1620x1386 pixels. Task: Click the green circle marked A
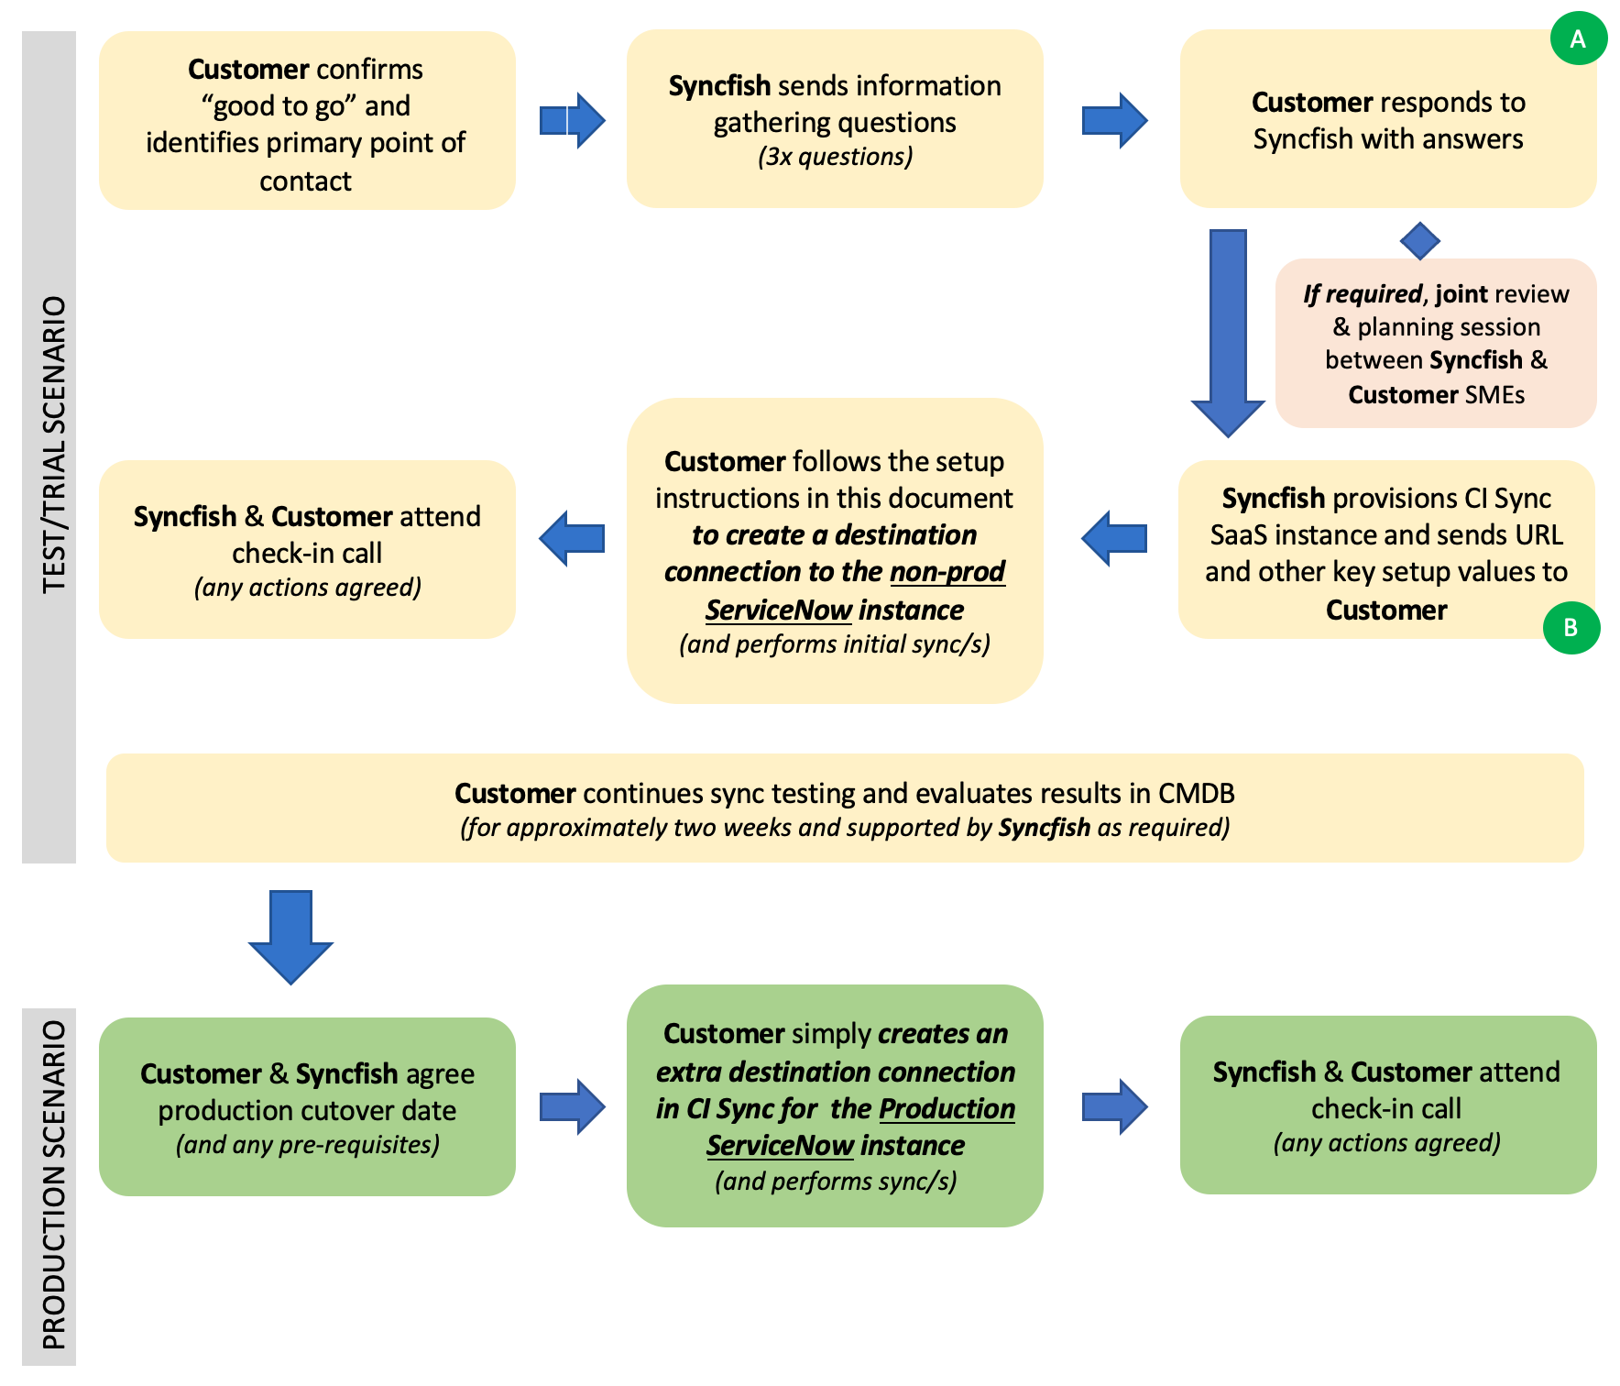coord(1578,38)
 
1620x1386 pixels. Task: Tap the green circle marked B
coord(1571,628)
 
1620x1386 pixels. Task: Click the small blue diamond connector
coord(1420,241)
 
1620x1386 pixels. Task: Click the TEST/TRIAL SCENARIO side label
coord(54,445)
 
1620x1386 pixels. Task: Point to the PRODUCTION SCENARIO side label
coord(54,1184)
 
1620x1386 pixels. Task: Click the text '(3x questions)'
coord(835,157)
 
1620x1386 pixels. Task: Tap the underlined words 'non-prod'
coord(947,571)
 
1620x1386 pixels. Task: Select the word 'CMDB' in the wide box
coord(1196,793)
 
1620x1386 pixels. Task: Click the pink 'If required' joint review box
coord(1436,343)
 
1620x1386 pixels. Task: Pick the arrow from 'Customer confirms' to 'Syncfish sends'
coord(573,120)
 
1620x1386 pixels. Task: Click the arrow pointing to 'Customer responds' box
coord(1114,120)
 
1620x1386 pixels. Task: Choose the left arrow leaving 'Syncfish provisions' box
coord(1114,538)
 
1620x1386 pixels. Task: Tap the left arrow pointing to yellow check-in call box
coord(572,538)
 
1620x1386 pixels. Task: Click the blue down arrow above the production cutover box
coord(291,937)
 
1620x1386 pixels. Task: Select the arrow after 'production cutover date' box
coord(573,1106)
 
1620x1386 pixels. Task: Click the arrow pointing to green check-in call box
coord(1114,1106)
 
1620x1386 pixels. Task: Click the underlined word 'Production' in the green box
coord(947,1108)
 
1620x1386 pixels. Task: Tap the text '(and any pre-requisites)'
coord(308,1145)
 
